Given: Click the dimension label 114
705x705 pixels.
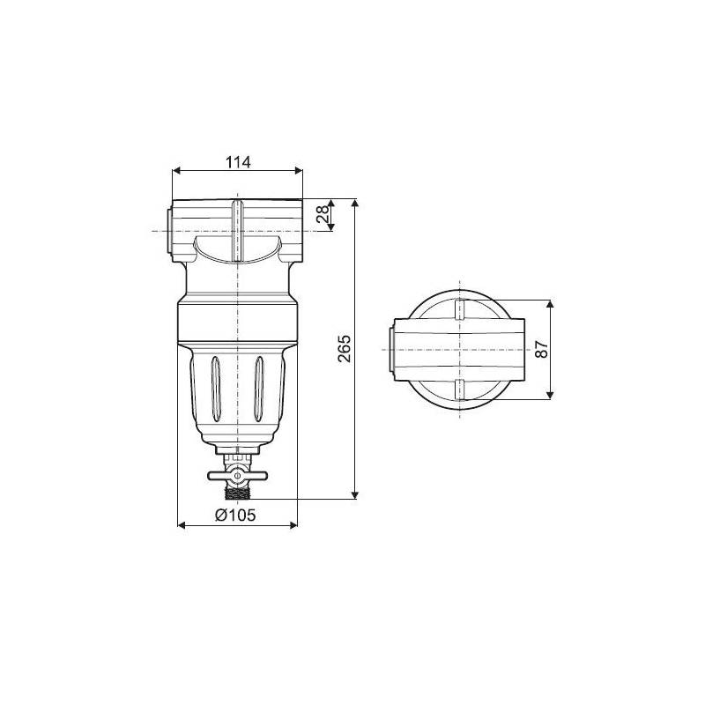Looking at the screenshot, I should coord(238,161).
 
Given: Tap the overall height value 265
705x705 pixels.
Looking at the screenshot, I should coord(345,349).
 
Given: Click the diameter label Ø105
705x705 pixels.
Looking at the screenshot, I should coord(235,516).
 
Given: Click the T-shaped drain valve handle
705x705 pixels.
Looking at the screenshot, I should coord(235,477).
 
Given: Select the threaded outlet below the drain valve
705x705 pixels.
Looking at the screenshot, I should coord(236,491).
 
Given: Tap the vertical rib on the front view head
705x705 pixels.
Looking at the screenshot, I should coord(236,231).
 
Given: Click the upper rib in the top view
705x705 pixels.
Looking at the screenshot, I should coord(458,310).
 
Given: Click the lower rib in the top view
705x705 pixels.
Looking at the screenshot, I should coord(458,390).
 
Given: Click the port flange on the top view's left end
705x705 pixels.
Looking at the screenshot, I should coord(390,349).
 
